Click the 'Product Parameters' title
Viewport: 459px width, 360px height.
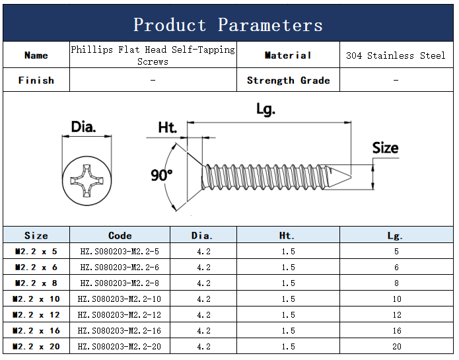228,24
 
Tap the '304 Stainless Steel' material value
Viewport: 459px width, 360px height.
396,55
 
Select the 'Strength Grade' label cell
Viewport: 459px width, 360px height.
289,80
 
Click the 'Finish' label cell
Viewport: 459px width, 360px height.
36,80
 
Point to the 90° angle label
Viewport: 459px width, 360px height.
162,175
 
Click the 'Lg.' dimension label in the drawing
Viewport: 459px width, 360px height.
265,110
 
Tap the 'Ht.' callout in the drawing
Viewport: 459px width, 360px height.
168,127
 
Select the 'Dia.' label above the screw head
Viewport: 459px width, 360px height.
83,127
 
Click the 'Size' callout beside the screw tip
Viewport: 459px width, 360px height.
385,148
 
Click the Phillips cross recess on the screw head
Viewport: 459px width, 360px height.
87,180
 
